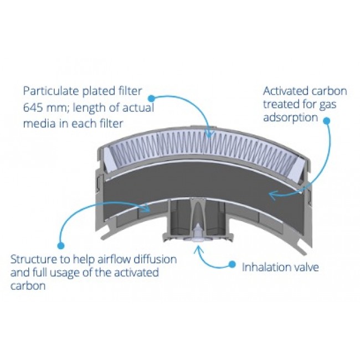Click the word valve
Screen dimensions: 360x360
pyautogui.click(x=306, y=267)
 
